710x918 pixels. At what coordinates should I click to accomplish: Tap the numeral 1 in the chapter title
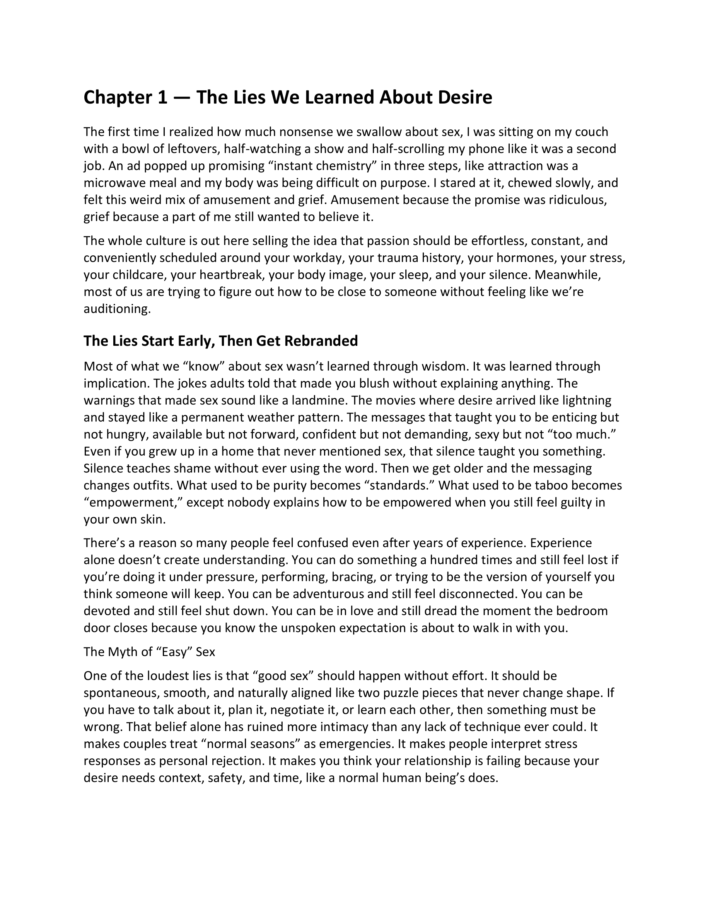pos(162,98)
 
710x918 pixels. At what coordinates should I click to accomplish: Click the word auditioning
pos(117,309)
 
